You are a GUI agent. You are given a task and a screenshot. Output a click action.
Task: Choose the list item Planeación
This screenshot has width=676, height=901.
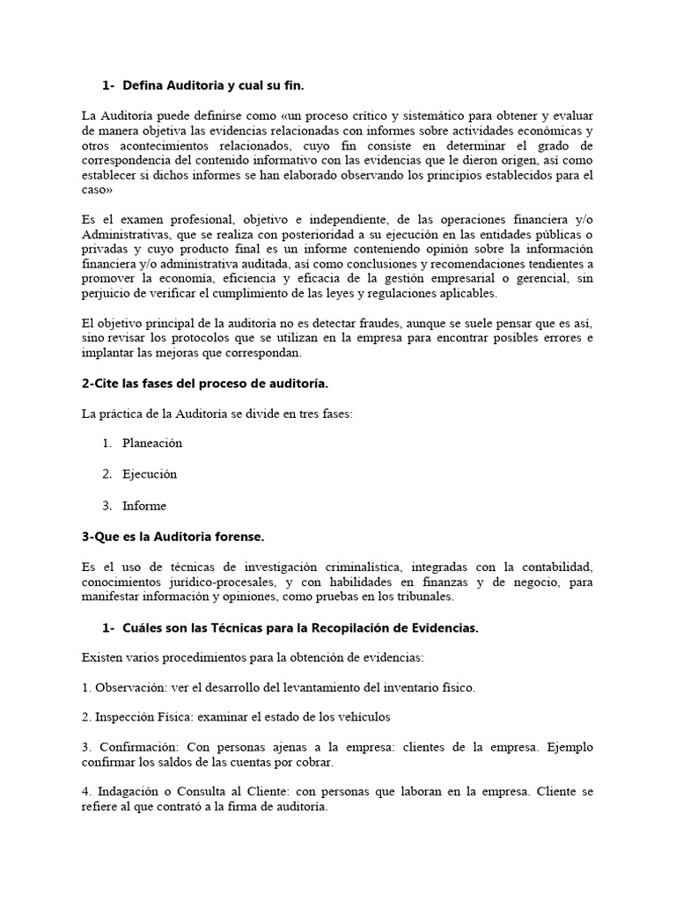[x=152, y=443]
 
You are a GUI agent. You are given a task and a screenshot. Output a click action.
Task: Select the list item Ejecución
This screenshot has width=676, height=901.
[x=150, y=474]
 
